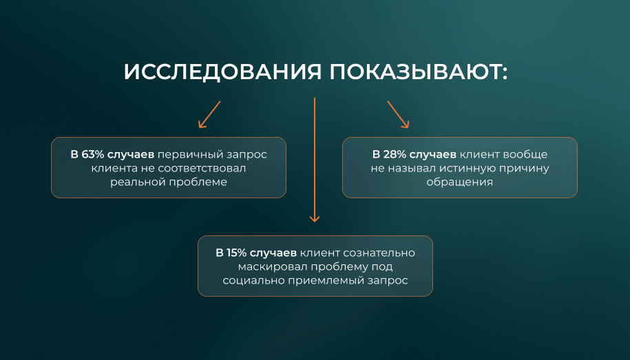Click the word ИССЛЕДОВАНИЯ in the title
click(222, 72)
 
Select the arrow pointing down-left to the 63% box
click(209, 114)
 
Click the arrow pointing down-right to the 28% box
click(398, 114)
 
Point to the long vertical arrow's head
click(315, 219)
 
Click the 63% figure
click(92, 154)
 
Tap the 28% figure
click(395, 154)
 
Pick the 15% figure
click(236, 253)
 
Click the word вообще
click(525, 155)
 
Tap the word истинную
click(468, 169)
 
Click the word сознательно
click(379, 253)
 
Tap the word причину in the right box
click(524, 169)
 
